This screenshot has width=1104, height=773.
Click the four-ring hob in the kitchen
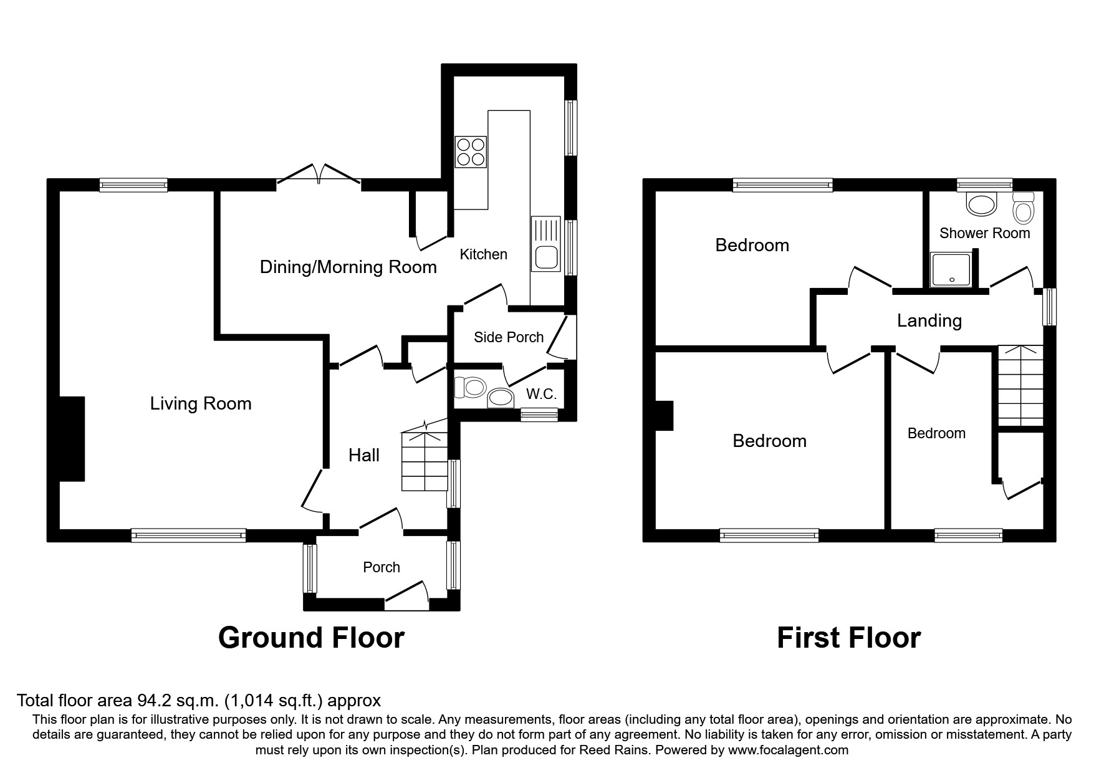471,151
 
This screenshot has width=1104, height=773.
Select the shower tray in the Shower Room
951,270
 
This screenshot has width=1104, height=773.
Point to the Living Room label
201,404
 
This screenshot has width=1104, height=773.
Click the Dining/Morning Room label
348,267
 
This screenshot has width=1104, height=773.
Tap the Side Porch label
509,337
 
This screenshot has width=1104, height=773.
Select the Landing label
929,321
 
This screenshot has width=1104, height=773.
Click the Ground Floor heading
311,638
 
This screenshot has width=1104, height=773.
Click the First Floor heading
848,638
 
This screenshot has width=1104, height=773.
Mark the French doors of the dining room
319,173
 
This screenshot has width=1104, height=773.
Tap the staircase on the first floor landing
1020,386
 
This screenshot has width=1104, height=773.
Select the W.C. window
539,415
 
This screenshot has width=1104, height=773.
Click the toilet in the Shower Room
1023,208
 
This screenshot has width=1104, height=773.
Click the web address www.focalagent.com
788,750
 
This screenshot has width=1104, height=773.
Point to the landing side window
1050,306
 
